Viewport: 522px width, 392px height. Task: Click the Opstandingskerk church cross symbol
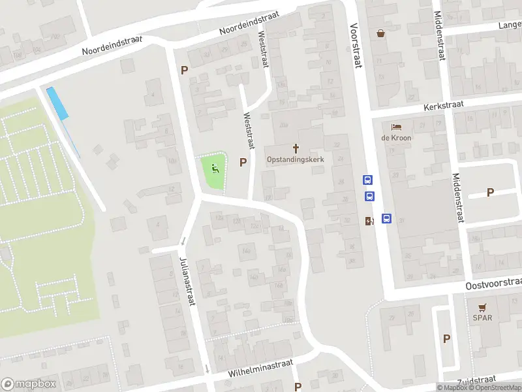296,148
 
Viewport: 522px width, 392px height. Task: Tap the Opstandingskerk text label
296,159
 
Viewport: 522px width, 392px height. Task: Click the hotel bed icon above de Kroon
396,127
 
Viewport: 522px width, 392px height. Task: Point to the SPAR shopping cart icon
483,307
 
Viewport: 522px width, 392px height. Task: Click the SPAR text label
483,318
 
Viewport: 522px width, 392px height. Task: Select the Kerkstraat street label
442,106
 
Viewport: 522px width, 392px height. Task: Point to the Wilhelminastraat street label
261,368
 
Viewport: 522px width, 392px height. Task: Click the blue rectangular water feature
58,103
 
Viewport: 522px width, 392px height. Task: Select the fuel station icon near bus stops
369,221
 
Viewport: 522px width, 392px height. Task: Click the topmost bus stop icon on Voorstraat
368,180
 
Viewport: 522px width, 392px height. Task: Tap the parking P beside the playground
243,163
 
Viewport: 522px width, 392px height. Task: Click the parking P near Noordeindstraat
185,71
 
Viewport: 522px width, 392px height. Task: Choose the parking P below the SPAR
447,338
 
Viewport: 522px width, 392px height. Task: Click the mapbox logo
29,384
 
